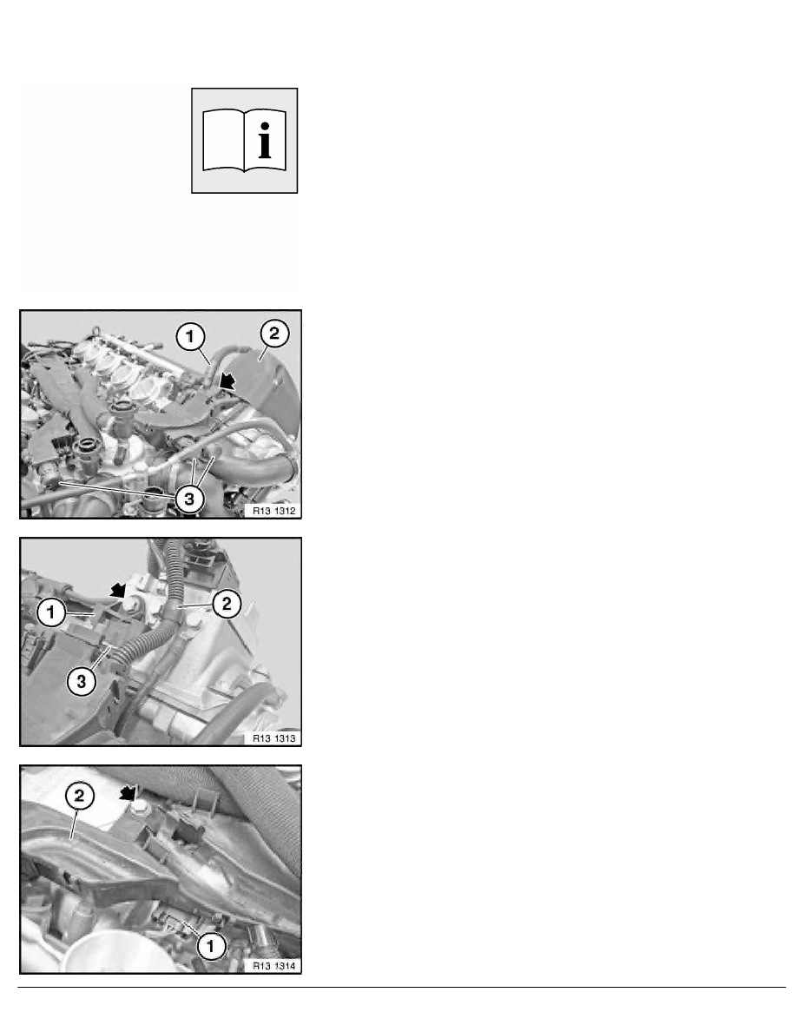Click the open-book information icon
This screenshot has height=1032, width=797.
[x=245, y=141]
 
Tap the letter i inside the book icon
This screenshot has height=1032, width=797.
[x=265, y=140]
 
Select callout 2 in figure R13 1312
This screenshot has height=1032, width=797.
[x=274, y=334]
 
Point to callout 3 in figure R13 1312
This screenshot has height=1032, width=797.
[x=189, y=499]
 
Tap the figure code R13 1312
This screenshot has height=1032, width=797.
[x=274, y=511]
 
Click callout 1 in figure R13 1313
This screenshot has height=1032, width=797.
[x=50, y=612]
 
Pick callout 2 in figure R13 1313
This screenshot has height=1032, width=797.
[x=227, y=604]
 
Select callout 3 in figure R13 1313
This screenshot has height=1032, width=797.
[x=81, y=681]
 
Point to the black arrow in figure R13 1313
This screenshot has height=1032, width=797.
[x=118, y=590]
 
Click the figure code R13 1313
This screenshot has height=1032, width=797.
[x=274, y=738]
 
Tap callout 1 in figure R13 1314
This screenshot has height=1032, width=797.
[x=210, y=947]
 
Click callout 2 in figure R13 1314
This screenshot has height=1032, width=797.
[x=79, y=797]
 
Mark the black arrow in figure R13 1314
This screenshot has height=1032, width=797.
[x=127, y=794]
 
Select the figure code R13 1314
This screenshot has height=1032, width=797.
[x=274, y=966]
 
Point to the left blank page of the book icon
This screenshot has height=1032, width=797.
[x=223, y=140]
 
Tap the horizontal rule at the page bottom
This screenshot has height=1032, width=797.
[x=402, y=987]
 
